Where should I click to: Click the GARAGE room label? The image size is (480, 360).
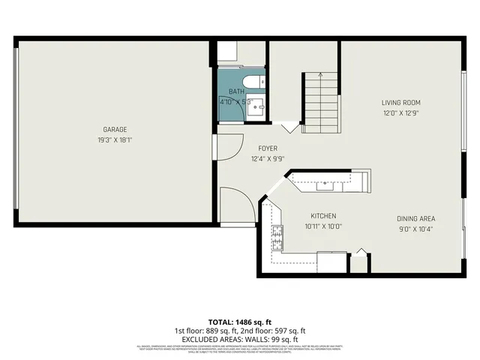[x=115, y=129]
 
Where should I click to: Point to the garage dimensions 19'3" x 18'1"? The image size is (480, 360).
[x=115, y=139]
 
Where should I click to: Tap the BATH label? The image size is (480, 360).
[x=236, y=91]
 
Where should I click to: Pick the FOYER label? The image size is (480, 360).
[x=268, y=148]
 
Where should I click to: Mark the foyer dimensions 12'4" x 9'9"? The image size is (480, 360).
[x=268, y=159]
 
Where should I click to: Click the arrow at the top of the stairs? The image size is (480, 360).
[x=320, y=75]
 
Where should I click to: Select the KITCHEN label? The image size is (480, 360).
[x=322, y=214]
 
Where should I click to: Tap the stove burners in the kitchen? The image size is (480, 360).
[x=277, y=238]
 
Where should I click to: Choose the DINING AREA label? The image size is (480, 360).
[x=416, y=218]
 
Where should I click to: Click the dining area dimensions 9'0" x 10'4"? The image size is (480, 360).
[x=416, y=229]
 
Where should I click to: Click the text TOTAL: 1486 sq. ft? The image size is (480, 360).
[x=239, y=321]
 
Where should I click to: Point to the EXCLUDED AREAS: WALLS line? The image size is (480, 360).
[x=239, y=338]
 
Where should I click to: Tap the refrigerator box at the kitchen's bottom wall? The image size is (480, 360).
[x=331, y=262]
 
